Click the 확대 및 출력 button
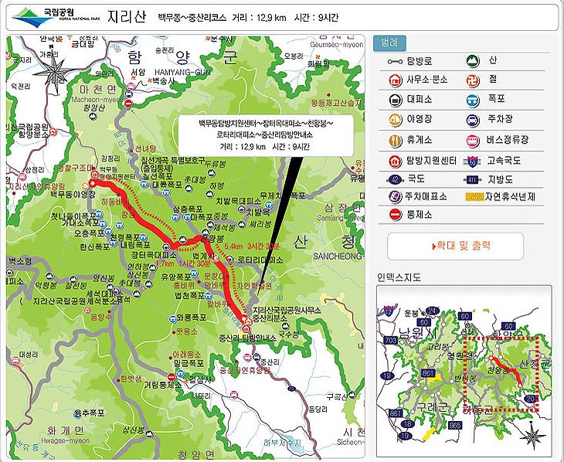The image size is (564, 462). click(x=455, y=246)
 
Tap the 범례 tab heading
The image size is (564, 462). click(x=389, y=44)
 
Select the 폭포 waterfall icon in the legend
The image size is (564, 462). click(x=471, y=99)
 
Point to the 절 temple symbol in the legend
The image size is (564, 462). click(x=471, y=78)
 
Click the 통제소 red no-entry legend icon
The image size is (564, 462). click(x=393, y=214)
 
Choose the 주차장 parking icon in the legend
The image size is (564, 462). click(x=471, y=120)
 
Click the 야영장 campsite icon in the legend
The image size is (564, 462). click(x=393, y=120)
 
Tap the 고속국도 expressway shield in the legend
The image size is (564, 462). click(x=471, y=161)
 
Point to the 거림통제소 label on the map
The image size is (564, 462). click(x=158, y=384)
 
